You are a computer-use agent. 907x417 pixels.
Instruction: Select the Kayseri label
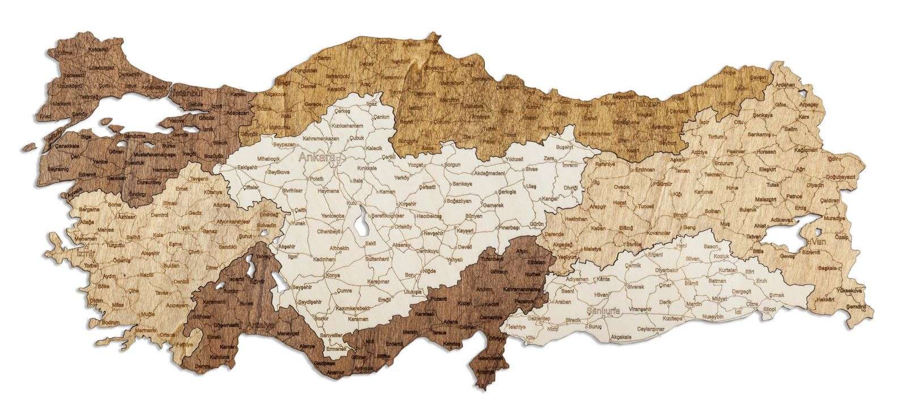pos(465,231)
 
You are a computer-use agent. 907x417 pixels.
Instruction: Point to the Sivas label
pos(531,169)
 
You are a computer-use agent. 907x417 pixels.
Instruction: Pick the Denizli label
pos(181,281)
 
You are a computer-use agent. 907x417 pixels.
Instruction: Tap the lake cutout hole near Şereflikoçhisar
pos(361,225)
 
